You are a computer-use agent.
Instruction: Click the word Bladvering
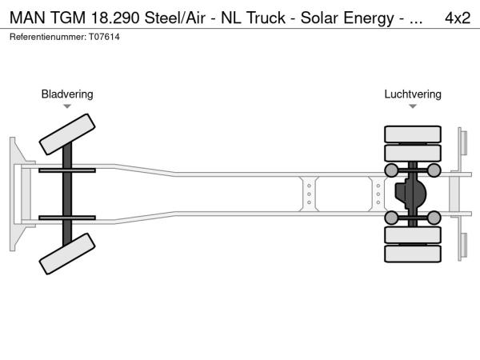[x=67, y=94]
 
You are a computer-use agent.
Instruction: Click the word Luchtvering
[x=413, y=94]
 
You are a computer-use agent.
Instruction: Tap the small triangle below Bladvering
[x=67, y=106]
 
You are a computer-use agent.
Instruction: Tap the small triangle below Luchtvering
[x=413, y=106]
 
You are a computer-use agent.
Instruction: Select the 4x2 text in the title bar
[x=458, y=18]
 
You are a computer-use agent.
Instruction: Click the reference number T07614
[x=104, y=37]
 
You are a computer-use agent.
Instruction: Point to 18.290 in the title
[x=114, y=18]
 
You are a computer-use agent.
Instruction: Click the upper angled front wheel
[x=67, y=134]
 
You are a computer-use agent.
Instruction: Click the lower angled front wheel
[x=67, y=254]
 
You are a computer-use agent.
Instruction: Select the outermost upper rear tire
[x=413, y=134]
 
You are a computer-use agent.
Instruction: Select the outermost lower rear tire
[x=413, y=254]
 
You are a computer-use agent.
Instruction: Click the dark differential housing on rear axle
[x=410, y=194]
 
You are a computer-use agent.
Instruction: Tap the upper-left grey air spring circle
[x=391, y=170]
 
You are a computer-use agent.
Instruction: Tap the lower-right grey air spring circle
[x=434, y=218]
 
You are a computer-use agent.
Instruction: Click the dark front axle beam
[x=67, y=194]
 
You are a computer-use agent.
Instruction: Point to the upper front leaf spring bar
[x=67, y=170]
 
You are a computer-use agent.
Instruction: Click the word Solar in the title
[x=319, y=18]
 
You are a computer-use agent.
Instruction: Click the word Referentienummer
[x=48, y=37]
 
